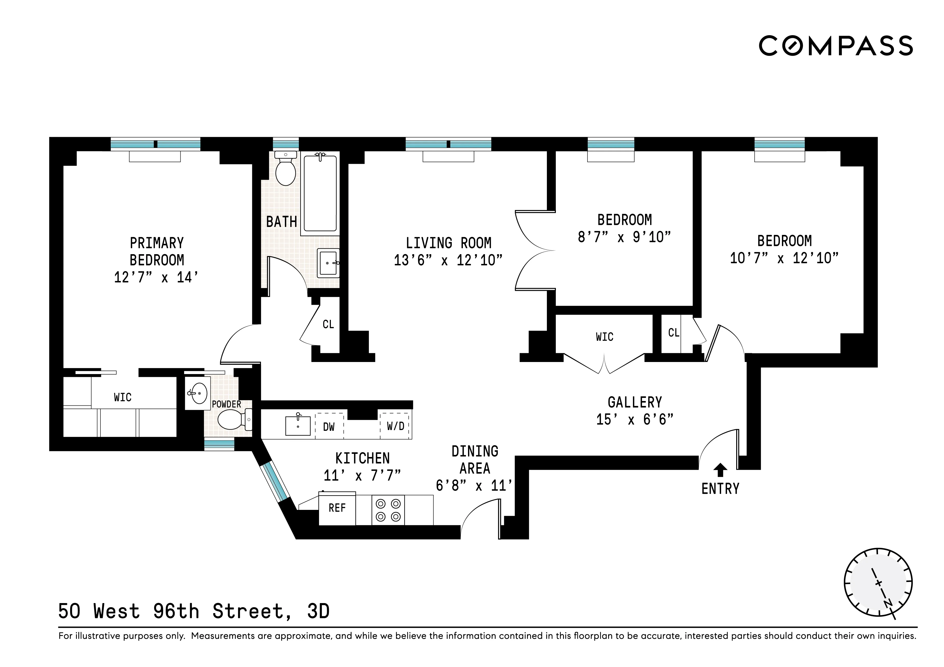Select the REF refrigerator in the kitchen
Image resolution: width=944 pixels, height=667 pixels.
tap(337, 508)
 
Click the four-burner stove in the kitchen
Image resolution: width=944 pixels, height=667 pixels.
tap(388, 510)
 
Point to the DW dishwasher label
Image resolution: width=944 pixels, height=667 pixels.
tap(329, 427)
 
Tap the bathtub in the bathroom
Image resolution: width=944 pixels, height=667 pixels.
tap(320, 193)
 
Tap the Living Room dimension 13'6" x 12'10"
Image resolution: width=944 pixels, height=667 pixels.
tap(448, 260)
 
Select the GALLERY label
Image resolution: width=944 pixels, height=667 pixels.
tap(635, 402)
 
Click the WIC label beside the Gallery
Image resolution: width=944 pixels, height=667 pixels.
tap(604, 337)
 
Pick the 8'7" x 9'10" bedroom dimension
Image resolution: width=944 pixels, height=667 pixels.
tap(624, 237)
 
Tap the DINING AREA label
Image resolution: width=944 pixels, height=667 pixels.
tap(475, 460)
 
